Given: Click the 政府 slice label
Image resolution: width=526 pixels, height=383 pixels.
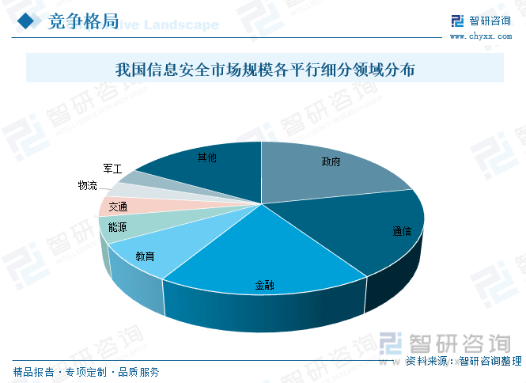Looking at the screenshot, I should point(331,162).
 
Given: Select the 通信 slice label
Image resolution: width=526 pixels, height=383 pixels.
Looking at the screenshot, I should point(402,232).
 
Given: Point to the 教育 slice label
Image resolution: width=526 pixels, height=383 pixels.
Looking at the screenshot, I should point(145,256).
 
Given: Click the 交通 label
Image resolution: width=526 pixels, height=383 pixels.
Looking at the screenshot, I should point(118,207).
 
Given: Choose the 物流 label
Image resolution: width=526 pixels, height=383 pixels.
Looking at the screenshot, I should point(87,185).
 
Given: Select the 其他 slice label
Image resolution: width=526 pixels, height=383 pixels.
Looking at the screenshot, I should point(206,158).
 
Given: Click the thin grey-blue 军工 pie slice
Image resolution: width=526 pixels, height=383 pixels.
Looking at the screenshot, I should point(131,178).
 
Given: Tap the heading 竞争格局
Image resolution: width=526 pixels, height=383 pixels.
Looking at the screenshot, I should point(82,21).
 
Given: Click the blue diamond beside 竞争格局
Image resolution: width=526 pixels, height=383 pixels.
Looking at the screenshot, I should point(27,22).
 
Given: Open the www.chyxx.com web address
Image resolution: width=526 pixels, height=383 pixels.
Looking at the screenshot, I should point(479,36).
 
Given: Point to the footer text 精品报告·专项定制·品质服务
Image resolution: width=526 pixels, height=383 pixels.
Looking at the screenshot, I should point(86,371).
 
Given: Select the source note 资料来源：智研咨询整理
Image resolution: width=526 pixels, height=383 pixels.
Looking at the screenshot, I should point(464,361).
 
